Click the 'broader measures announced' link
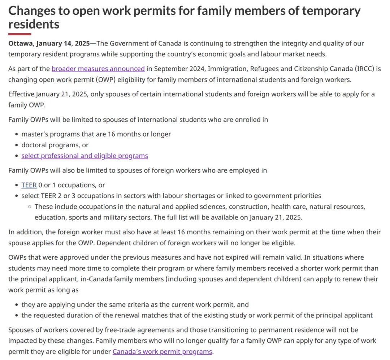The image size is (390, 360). click(x=98, y=69)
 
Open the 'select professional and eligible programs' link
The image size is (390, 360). click(x=84, y=156)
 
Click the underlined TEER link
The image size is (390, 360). click(x=29, y=185)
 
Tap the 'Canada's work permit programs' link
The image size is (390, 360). click(x=162, y=351)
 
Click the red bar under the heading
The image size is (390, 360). click(x=20, y=34)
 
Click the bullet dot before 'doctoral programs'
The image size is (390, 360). click(x=17, y=145)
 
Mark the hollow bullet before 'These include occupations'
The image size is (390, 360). click(x=30, y=207)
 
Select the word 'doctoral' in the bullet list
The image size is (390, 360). click(x=34, y=145)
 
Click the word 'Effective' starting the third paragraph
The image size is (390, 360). click(x=21, y=94)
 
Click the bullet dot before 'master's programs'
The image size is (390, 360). click(x=17, y=134)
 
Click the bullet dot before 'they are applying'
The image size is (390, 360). click(x=17, y=305)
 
